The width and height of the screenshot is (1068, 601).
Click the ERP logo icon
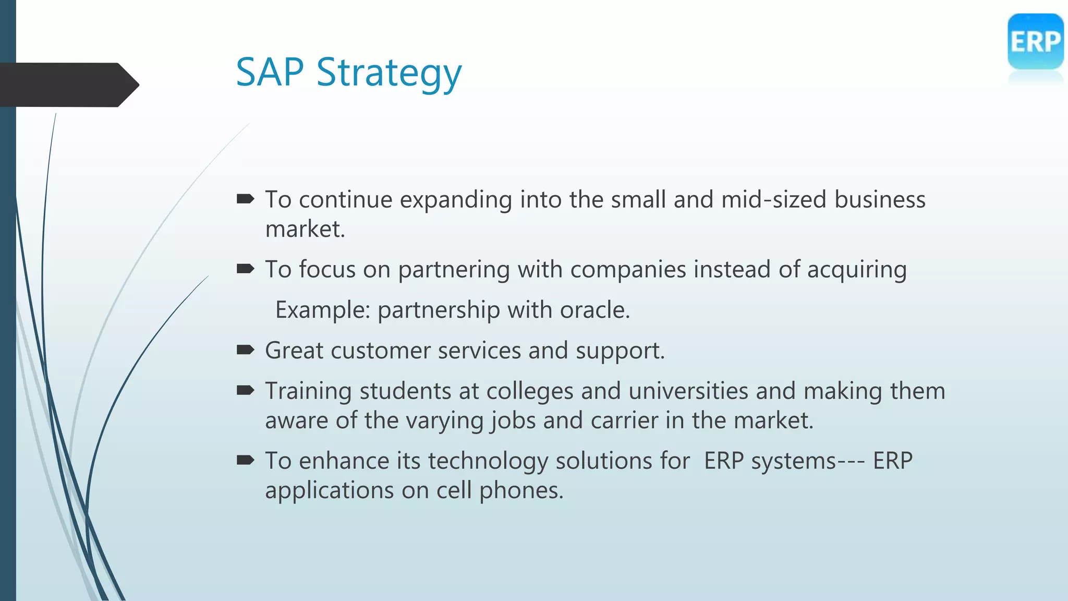click(1035, 42)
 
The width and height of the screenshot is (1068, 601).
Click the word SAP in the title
click(270, 72)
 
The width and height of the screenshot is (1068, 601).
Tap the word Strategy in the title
click(389, 74)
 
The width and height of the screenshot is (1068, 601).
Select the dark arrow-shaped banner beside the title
click(68, 85)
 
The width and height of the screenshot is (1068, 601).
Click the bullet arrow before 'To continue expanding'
click(245, 199)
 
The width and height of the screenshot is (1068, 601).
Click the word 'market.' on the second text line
click(305, 230)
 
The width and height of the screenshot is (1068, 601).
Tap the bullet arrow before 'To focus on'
click(245, 269)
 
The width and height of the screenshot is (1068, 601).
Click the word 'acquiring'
click(857, 270)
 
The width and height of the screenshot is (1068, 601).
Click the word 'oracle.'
click(595, 310)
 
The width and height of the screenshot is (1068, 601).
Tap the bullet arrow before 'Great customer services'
click(245, 350)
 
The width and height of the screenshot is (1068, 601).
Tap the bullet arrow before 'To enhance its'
click(245, 460)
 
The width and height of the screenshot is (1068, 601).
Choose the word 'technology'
click(488, 462)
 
